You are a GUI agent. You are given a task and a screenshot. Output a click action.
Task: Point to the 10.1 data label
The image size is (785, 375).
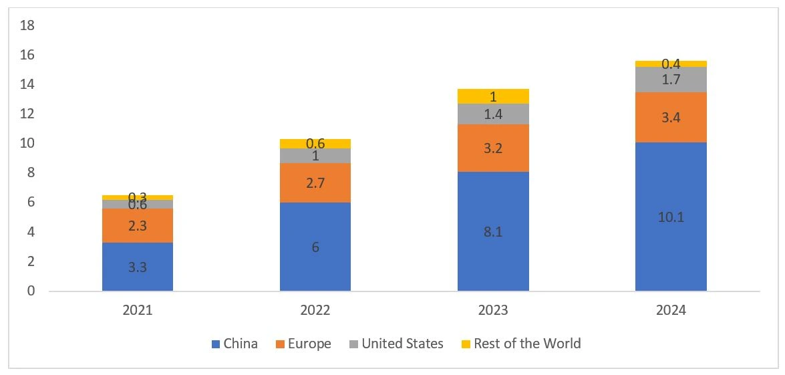point(671,217)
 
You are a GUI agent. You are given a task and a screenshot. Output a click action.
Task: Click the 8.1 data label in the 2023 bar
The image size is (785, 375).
point(493,231)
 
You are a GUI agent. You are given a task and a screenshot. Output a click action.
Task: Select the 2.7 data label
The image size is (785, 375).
point(315,182)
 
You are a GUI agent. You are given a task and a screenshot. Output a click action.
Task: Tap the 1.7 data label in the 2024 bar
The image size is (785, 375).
point(671,80)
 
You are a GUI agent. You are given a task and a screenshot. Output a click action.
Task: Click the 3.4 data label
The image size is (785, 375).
point(671,117)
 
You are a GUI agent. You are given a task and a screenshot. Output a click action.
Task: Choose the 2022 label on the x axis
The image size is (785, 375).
point(315,311)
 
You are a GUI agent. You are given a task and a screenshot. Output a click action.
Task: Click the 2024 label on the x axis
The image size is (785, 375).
point(671,311)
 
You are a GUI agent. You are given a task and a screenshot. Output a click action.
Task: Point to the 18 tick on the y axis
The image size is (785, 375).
point(27,25)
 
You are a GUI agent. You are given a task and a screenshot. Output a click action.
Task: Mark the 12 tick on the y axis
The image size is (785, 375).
point(27,114)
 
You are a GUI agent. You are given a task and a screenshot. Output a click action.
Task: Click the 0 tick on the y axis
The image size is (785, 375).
point(31,291)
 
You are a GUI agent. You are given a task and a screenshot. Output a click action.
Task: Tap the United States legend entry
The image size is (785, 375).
point(396,344)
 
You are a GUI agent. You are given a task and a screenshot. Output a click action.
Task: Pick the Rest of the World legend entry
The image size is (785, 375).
point(520,344)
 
